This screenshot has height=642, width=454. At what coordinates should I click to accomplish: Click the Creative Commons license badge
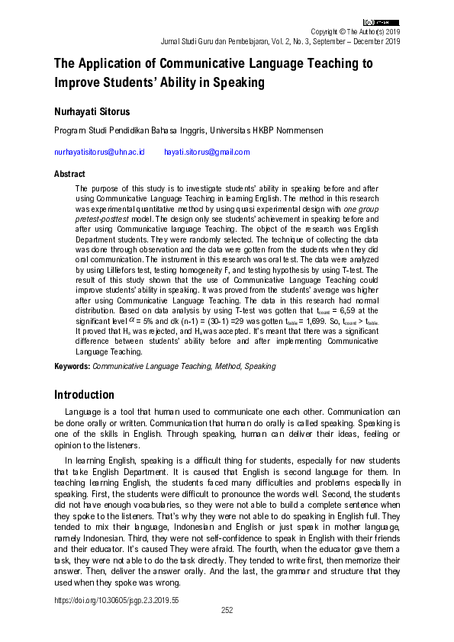[x=382, y=23]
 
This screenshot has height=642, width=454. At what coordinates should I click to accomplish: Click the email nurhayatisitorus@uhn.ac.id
[x=99, y=152]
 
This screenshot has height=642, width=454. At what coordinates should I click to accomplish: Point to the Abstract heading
[x=69, y=174]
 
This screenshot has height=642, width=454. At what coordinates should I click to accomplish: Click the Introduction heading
[x=84, y=395]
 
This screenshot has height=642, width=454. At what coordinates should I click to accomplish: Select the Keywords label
[x=72, y=367]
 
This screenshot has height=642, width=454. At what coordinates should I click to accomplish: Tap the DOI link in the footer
[x=115, y=601]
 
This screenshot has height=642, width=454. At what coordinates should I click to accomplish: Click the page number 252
[x=227, y=611]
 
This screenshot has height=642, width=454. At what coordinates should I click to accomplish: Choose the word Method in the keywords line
[x=227, y=367]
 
